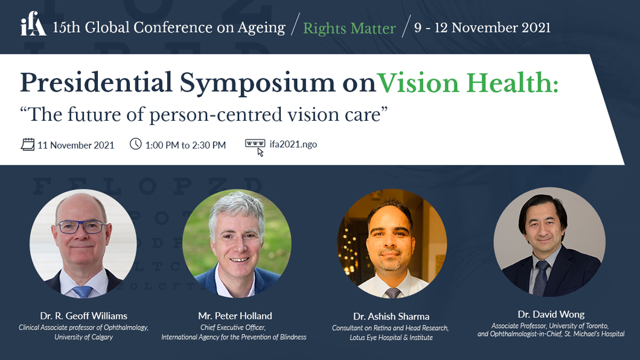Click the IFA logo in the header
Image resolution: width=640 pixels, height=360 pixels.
click(33, 24)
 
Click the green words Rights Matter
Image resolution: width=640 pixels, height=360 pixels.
click(350, 28)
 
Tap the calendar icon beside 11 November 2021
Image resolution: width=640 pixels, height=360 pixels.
click(28, 144)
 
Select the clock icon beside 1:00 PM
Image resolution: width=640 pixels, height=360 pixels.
click(135, 144)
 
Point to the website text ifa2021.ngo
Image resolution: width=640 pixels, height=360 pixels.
click(293, 144)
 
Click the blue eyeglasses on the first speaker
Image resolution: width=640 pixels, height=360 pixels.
click(82, 227)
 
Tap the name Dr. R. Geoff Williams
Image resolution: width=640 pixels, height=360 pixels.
click(84, 316)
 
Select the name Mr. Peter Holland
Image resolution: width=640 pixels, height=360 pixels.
click(235, 316)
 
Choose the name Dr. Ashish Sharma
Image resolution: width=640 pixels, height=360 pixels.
click(391, 317)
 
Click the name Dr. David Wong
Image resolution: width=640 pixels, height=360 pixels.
click(551, 314)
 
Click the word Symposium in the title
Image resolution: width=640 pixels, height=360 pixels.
click(257, 84)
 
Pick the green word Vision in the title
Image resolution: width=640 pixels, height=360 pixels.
click(418, 83)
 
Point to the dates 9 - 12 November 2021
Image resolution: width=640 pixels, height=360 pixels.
click(482, 28)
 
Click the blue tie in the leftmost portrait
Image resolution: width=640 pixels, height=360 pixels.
click(83, 291)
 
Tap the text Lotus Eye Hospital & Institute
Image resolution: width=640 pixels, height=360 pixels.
click(391, 338)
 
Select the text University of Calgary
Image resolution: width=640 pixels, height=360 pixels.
click(84, 337)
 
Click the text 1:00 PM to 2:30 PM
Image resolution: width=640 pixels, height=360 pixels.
click(185, 146)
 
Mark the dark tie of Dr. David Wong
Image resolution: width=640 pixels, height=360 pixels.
click(541, 278)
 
